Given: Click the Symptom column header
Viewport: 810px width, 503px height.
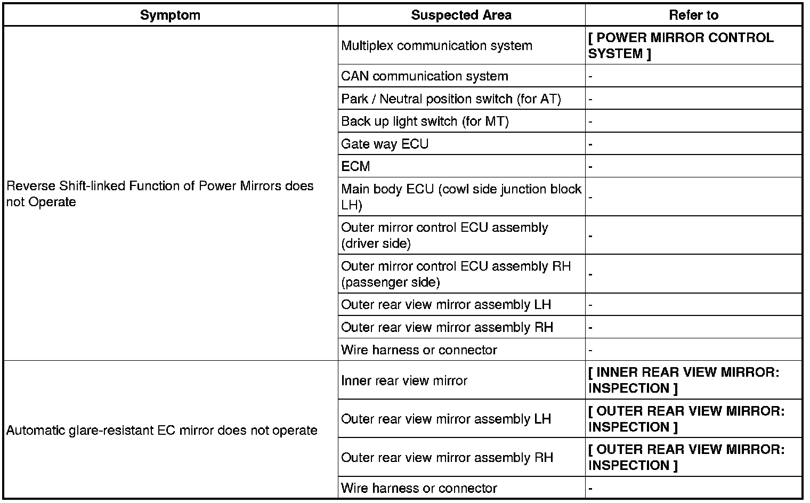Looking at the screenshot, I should [170, 15].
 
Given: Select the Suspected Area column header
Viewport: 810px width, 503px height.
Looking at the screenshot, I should [461, 15].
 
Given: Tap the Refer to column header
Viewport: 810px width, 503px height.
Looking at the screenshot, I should [693, 15].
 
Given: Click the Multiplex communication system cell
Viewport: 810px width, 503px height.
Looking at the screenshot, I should [436, 46].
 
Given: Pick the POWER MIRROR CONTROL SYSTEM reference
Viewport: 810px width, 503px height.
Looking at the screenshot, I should [681, 46].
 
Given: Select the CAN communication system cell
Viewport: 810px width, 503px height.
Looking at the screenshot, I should [424, 76].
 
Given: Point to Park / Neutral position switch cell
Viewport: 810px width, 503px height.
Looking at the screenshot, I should [451, 99].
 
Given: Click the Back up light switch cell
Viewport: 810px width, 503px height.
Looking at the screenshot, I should [425, 121].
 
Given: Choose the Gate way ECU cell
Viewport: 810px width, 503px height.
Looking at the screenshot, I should [385, 144].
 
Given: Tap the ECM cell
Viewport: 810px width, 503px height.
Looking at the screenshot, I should [355, 167].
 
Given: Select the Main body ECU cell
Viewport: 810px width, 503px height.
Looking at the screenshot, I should [461, 197].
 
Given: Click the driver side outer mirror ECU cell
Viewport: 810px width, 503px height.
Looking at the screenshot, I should [444, 236].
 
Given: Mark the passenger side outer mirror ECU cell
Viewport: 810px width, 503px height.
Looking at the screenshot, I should [456, 274].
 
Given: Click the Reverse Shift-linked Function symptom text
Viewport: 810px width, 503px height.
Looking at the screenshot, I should [160, 194].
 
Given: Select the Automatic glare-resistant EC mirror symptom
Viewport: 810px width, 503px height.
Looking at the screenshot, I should [161, 430].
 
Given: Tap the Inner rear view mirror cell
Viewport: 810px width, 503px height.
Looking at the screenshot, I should [404, 380].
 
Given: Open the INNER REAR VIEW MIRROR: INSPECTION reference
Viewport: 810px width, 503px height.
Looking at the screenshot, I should [683, 380].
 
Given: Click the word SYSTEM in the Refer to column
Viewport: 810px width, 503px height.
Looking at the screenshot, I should [615, 54].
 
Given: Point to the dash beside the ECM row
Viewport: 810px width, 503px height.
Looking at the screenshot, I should [590, 167].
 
